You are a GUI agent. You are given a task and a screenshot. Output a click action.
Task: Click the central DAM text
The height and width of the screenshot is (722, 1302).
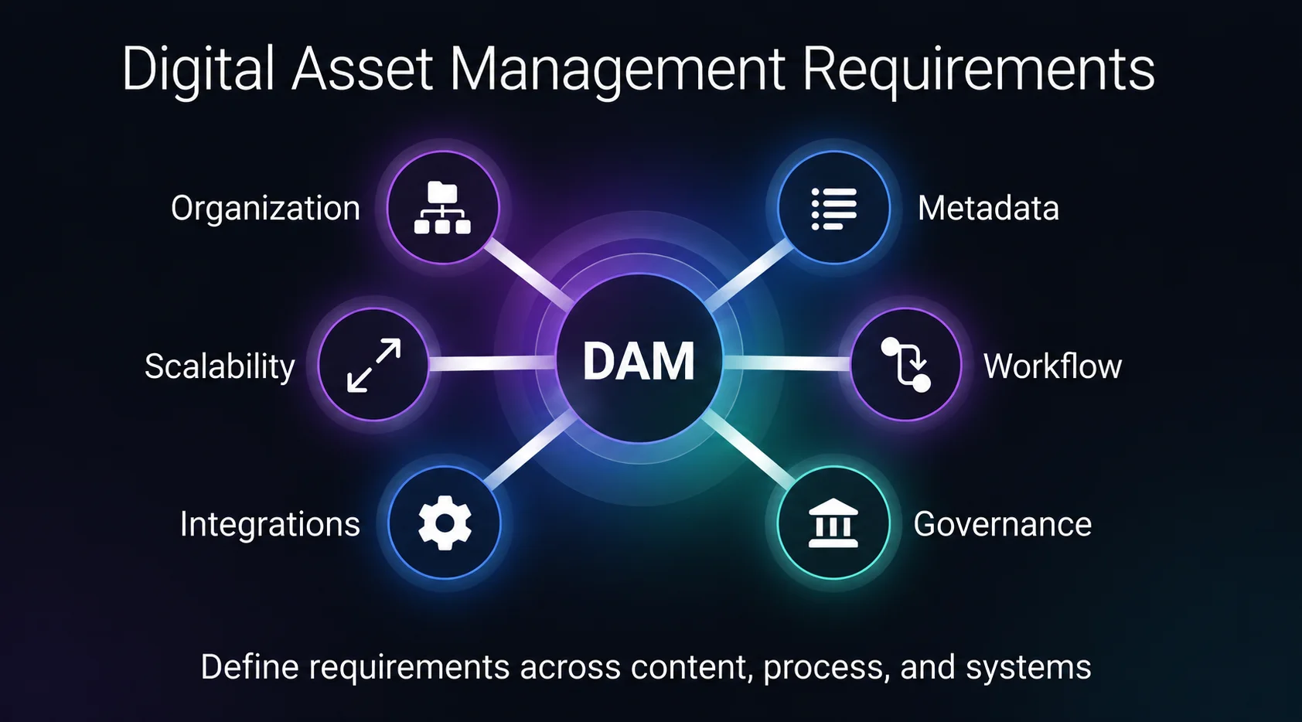pyautogui.click(x=639, y=362)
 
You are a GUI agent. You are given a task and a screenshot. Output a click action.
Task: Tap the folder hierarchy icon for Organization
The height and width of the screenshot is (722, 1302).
pyautogui.click(x=442, y=207)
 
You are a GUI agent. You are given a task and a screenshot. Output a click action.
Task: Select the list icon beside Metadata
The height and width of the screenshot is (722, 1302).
pyautogui.click(x=833, y=209)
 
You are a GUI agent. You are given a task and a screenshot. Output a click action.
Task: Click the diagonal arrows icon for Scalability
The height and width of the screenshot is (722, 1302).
pyautogui.click(x=373, y=366)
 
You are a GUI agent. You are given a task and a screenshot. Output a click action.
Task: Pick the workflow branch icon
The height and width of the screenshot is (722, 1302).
pyautogui.click(x=905, y=365)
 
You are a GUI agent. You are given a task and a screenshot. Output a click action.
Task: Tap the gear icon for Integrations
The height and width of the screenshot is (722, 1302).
pyautogui.click(x=445, y=523)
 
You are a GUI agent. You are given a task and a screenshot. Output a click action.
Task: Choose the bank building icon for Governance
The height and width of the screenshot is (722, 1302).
pyautogui.click(x=833, y=523)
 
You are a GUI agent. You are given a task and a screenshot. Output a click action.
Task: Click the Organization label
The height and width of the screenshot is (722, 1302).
pyautogui.click(x=266, y=209)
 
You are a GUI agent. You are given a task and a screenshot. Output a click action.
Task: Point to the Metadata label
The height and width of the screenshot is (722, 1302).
pyautogui.click(x=988, y=208)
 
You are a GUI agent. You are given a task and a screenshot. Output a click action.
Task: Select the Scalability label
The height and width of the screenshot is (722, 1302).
pyautogui.click(x=220, y=367)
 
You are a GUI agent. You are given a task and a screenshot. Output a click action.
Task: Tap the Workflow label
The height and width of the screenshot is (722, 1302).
pyautogui.click(x=1052, y=366)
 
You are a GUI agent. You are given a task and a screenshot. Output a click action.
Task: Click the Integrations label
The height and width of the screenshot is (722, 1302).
pyautogui.click(x=270, y=524)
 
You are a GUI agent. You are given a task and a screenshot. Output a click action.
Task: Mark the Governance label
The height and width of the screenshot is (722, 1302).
pyautogui.click(x=1003, y=524)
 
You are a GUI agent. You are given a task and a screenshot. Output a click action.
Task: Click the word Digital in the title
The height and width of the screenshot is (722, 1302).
pyautogui.click(x=198, y=70)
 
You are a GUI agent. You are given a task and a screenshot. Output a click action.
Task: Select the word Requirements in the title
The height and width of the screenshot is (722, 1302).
pyautogui.click(x=978, y=70)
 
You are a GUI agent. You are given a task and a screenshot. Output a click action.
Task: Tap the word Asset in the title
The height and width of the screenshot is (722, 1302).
pyautogui.click(x=362, y=69)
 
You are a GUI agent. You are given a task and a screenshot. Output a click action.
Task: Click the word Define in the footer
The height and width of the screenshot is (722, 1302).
pyautogui.click(x=250, y=666)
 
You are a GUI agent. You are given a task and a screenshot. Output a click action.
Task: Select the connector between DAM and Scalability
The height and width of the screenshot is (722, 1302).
pyautogui.click(x=493, y=363)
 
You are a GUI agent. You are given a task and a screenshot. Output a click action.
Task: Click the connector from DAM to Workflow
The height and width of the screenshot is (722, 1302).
pyautogui.click(x=787, y=363)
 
